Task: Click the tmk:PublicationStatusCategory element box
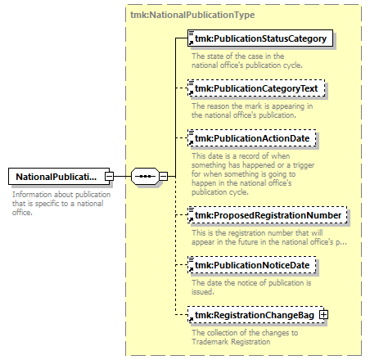(x=260, y=38)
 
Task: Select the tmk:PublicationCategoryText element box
(x=256, y=88)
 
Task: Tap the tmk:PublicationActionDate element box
(x=252, y=138)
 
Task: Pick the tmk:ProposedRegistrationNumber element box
(x=268, y=215)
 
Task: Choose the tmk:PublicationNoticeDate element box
(x=252, y=265)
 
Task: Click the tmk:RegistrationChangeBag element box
(x=255, y=315)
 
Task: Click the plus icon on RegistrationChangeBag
(x=323, y=315)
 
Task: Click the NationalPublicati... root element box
(x=59, y=177)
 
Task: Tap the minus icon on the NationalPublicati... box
(x=109, y=177)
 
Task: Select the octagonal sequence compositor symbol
(x=145, y=176)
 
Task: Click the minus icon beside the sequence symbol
(x=163, y=176)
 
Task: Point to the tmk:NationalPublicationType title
(x=192, y=15)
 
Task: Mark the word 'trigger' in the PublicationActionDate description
(x=304, y=165)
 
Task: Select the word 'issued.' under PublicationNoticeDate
(x=203, y=292)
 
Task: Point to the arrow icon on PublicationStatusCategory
(x=192, y=43)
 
